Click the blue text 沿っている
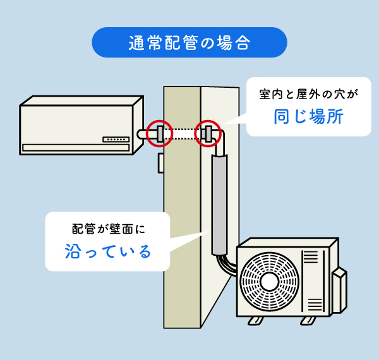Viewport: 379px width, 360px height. tap(109, 251)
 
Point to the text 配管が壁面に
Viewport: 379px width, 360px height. tap(109, 228)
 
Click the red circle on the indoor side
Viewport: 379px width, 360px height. tap(159, 133)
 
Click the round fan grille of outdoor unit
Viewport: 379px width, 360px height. tap(270, 280)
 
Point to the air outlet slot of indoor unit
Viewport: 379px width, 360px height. tap(76, 148)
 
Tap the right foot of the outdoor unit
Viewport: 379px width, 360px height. tap(308, 320)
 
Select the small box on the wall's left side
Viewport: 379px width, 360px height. tap(162, 162)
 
